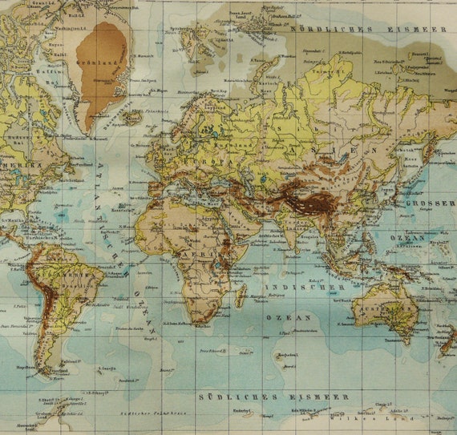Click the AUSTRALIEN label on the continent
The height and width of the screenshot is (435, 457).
point(384,308)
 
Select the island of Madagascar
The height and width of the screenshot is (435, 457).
point(241,294)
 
